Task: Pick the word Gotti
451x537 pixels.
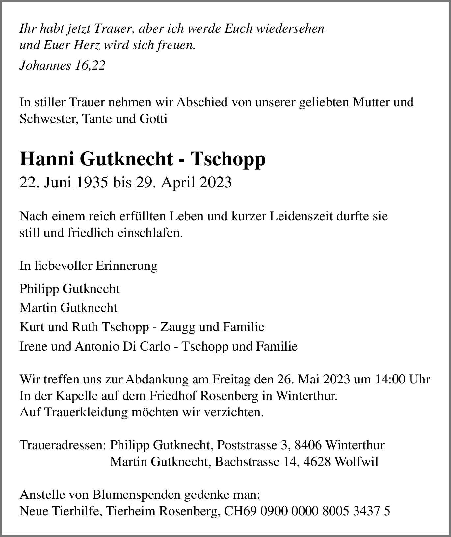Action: (153, 119)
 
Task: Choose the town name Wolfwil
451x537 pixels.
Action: (357, 462)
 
